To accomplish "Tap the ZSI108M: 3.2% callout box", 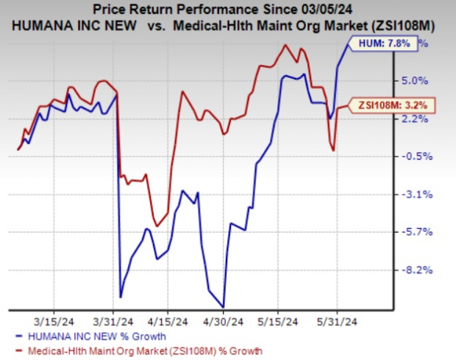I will [x=391, y=104].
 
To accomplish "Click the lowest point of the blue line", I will [x=223, y=306].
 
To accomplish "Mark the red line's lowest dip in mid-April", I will [x=157, y=226].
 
